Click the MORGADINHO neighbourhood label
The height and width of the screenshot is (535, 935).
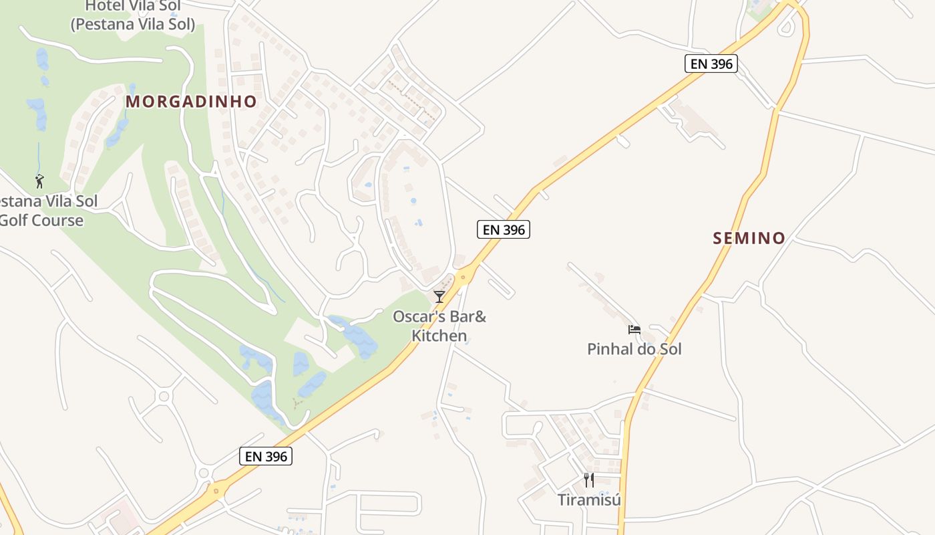[x=191, y=102]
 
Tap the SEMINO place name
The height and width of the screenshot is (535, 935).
[x=749, y=238]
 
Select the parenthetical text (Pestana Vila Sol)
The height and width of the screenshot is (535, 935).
[x=133, y=25]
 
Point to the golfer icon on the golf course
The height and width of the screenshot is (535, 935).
[x=39, y=181]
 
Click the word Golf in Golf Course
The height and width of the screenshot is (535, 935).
[x=15, y=221]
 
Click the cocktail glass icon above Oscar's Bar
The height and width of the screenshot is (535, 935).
[x=439, y=296]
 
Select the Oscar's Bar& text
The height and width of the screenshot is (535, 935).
[x=439, y=316]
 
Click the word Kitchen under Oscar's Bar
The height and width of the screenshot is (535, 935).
[x=439, y=336]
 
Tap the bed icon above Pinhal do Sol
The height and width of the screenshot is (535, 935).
[x=634, y=329]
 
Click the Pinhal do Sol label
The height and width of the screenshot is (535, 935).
[x=634, y=349]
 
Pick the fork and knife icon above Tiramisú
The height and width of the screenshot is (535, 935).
[x=588, y=479]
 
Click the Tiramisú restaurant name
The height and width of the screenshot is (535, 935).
[x=589, y=500]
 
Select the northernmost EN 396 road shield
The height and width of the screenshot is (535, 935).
[x=711, y=64]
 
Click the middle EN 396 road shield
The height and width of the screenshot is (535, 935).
[x=504, y=229]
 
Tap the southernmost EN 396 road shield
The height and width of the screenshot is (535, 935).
[x=266, y=456]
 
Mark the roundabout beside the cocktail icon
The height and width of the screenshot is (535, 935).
[x=463, y=276]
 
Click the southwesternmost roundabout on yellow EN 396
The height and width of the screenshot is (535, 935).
[x=216, y=492]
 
